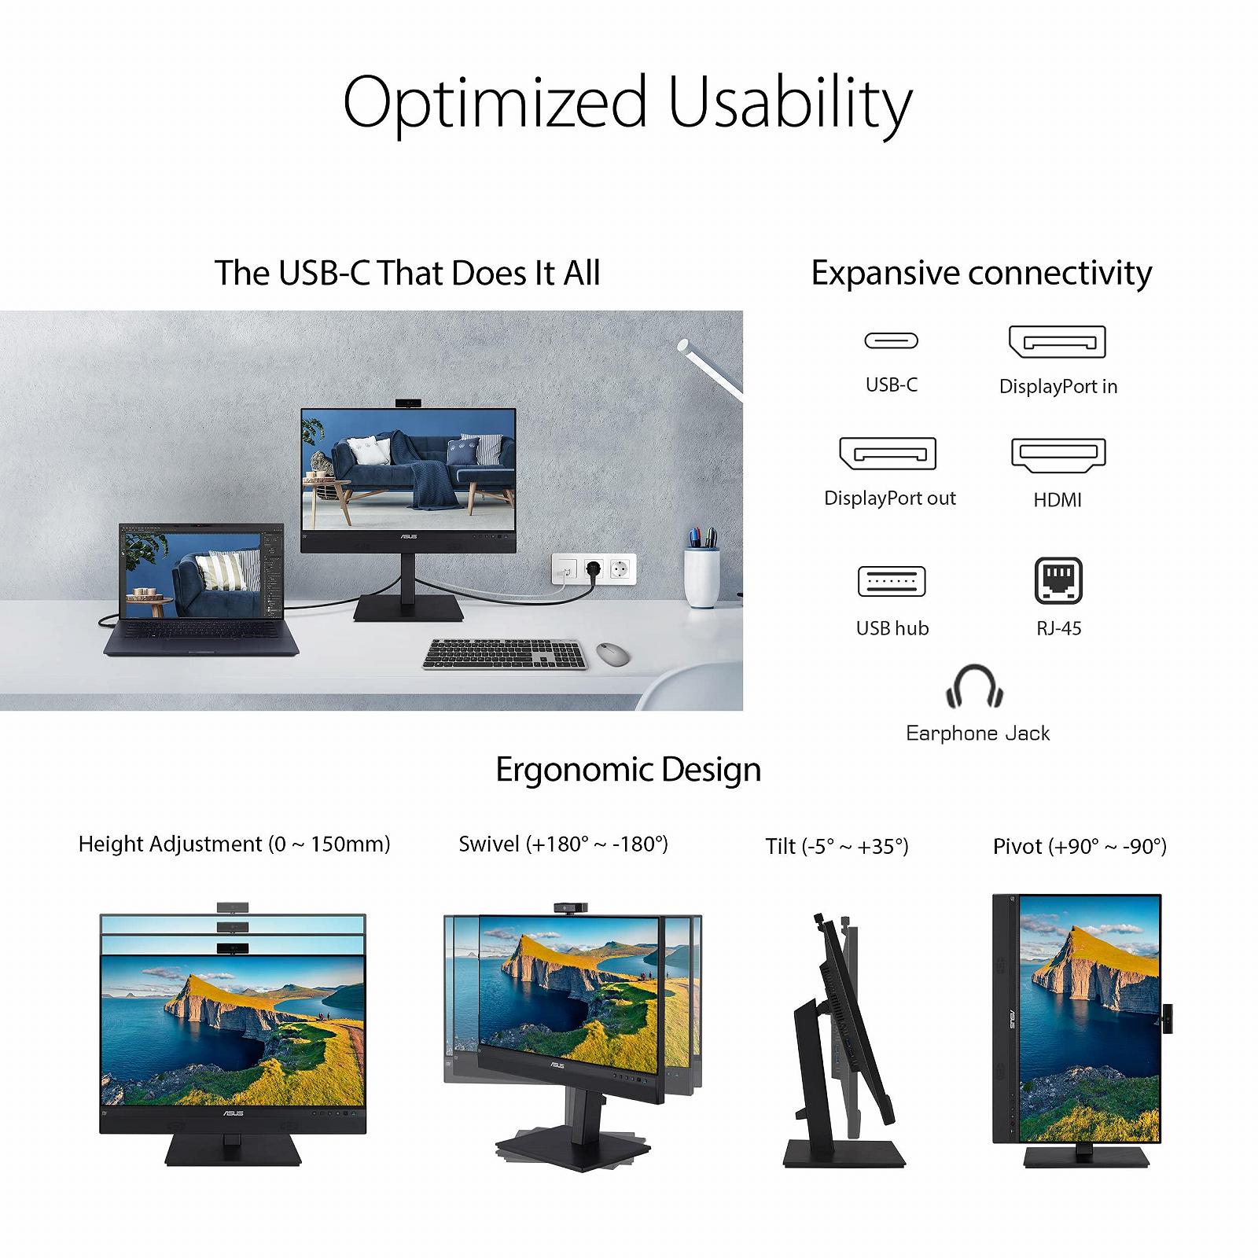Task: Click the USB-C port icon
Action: (x=891, y=340)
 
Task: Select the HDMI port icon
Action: (x=1058, y=454)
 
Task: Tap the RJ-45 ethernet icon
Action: (x=1058, y=580)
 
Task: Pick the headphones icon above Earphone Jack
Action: (x=974, y=686)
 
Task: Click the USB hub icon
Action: (x=892, y=581)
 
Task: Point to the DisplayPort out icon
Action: (x=888, y=454)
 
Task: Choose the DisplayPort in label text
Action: (x=1058, y=386)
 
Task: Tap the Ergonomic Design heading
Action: (x=628, y=769)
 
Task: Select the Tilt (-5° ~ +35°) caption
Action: (x=837, y=846)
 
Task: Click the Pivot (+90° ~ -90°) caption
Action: (x=1080, y=846)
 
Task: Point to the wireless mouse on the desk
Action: (x=612, y=652)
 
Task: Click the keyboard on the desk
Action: (x=506, y=654)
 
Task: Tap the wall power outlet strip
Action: (x=594, y=568)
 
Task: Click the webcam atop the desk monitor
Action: (x=408, y=403)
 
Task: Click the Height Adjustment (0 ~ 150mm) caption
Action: (x=234, y=844)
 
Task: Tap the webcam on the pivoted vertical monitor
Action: (x=1168, y=1019)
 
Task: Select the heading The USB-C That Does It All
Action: (x=407, y=273)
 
